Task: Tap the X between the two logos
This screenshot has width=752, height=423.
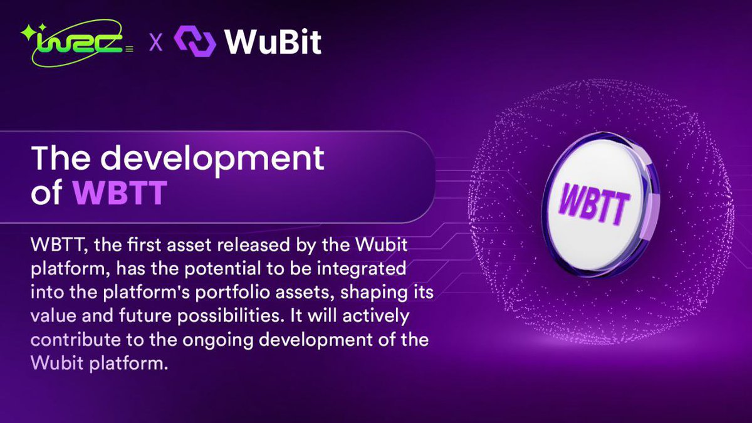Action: (155, 43)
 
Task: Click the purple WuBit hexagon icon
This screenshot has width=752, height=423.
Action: (195, 41)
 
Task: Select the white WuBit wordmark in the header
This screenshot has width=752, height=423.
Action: (273, 41)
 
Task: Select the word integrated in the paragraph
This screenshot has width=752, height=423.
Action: (367, 268)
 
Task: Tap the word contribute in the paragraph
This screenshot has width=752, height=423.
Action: (69, 340)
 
